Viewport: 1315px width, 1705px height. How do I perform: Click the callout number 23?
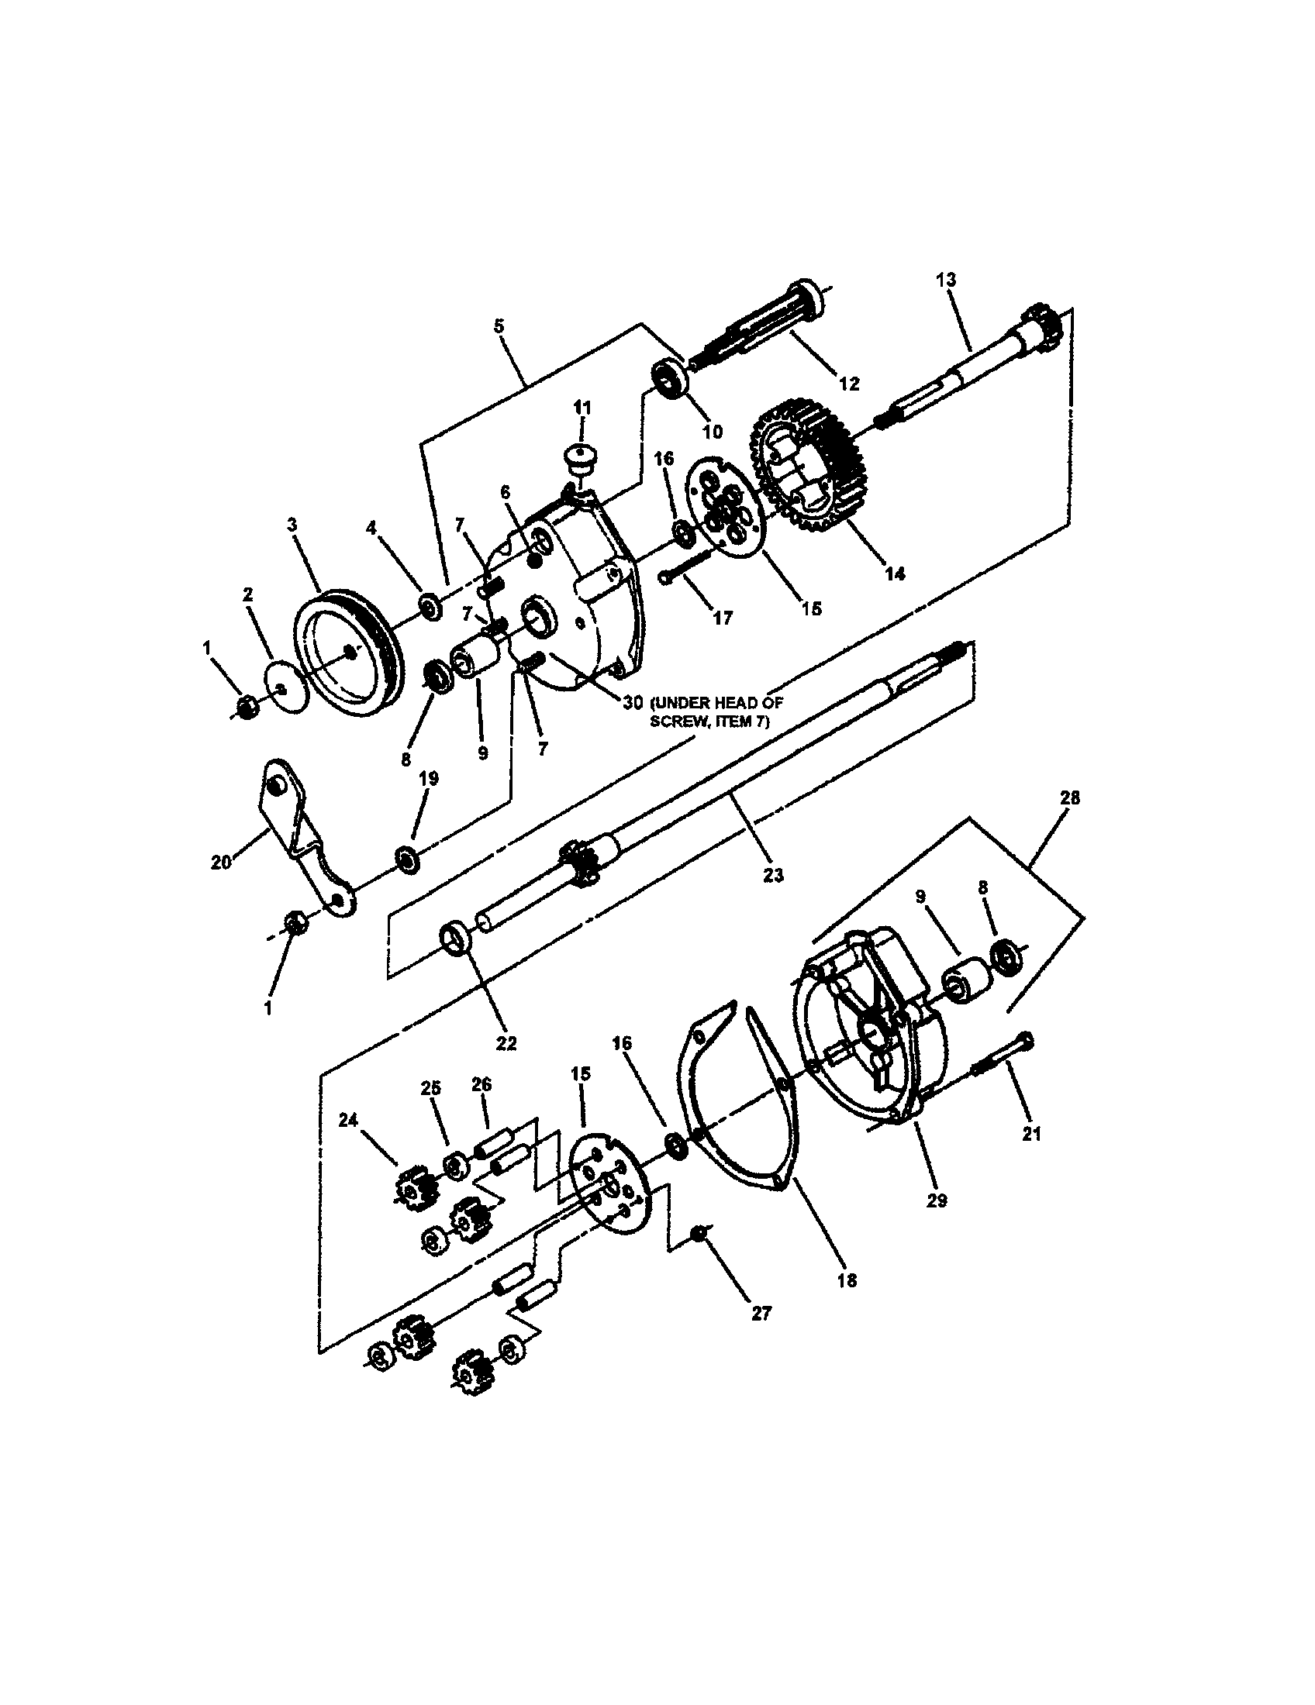point(772,876)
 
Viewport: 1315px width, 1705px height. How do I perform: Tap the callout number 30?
point(633,703)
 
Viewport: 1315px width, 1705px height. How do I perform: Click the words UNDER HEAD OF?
point(716,703)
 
